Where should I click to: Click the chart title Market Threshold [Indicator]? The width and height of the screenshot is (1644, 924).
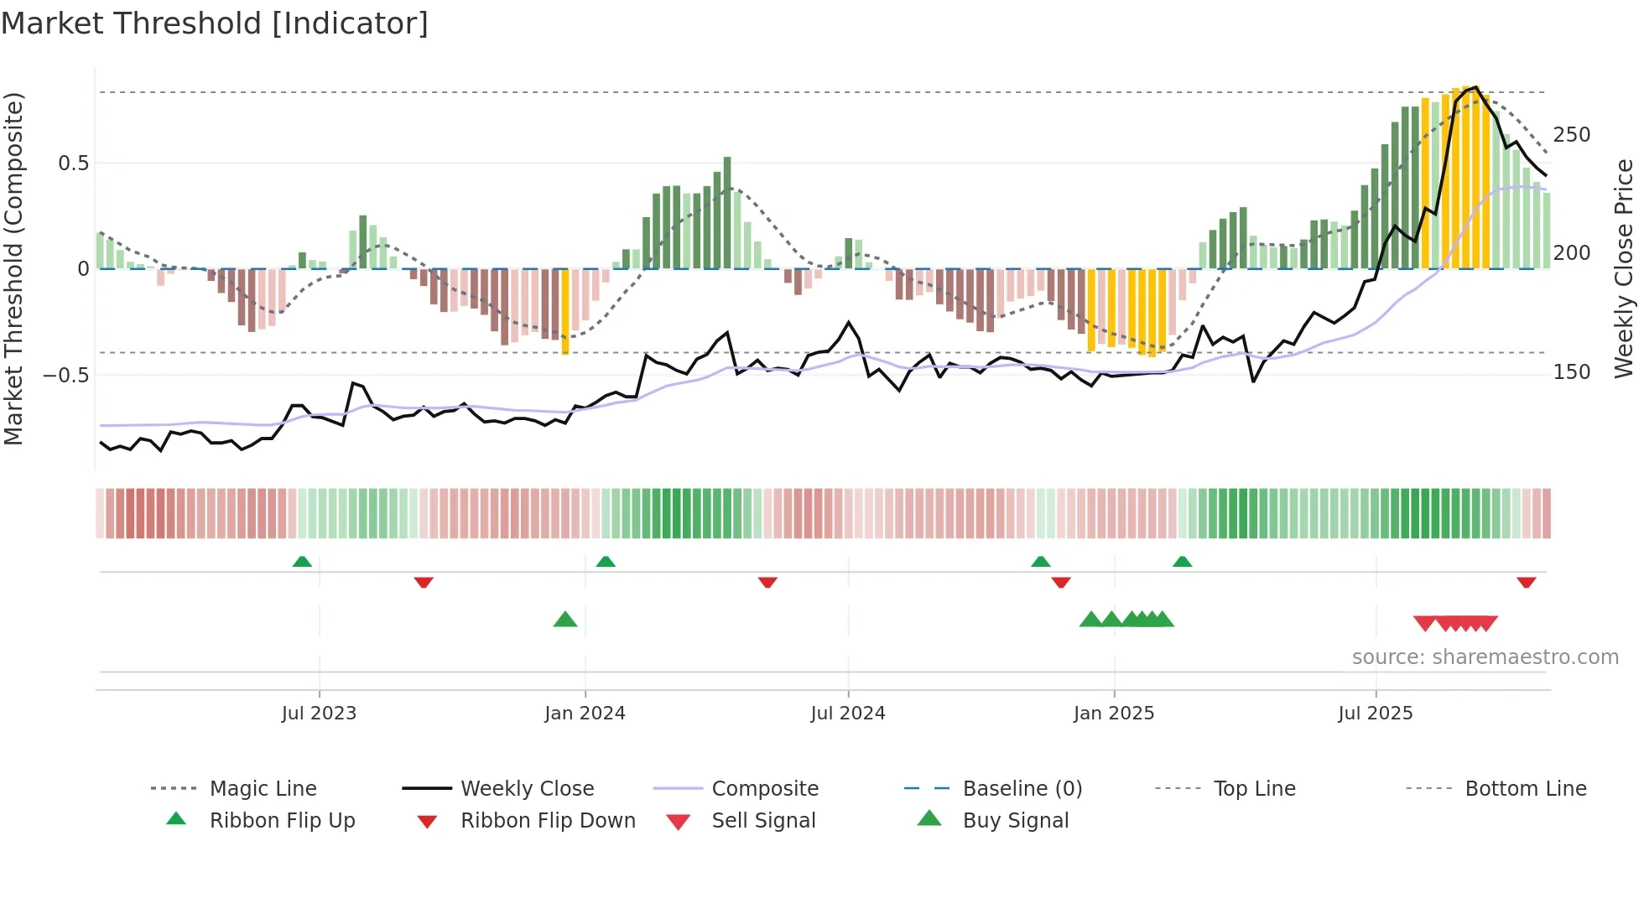[215, 23]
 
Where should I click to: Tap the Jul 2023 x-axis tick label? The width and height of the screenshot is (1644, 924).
[319, 714]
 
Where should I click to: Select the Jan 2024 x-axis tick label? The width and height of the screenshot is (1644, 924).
[585, 714]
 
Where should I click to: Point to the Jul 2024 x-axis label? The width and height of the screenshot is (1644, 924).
[848, 714]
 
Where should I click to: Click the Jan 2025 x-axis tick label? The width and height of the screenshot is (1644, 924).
[1114, 714]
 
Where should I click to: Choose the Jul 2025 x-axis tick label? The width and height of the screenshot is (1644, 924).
[1376, 714]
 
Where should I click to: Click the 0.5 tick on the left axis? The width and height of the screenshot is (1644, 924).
[73, 164]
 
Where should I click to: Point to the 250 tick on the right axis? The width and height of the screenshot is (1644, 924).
[1572, 135]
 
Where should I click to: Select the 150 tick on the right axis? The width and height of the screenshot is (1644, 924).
[1572, 372]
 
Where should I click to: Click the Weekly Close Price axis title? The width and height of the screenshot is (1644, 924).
[1625, 268]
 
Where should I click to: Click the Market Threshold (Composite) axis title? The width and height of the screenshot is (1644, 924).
[14, 268]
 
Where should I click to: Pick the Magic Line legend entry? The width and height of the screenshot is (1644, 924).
[263, 789]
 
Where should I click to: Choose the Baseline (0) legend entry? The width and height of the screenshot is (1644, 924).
[1022, 789]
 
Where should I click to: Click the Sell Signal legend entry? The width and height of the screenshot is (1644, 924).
[762, 821]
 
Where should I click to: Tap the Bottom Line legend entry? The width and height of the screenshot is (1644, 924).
[1525, 789]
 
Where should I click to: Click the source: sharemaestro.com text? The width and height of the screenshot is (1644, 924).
[1485, 657]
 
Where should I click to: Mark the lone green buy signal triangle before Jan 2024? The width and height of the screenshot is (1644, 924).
[565, 620]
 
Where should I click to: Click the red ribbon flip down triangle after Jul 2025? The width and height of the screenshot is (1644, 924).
[1526, 582]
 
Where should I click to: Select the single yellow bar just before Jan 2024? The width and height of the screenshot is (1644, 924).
[565, 311]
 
